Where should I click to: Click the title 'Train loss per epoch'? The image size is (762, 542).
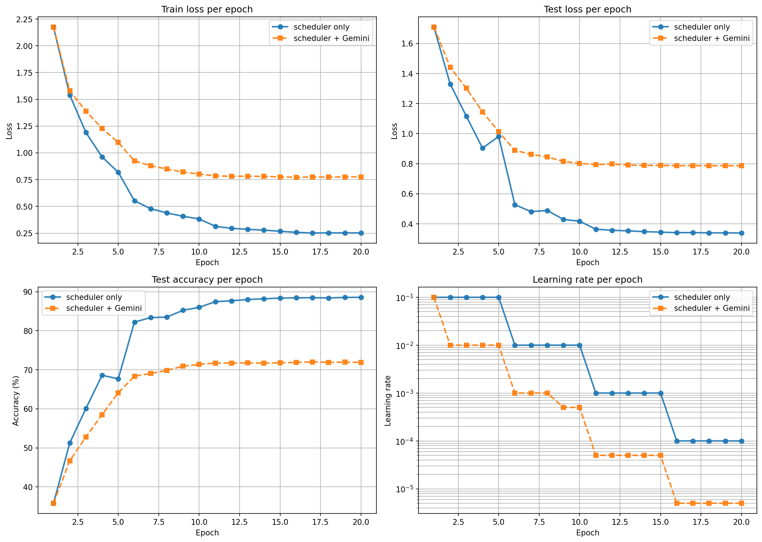coord(207,10)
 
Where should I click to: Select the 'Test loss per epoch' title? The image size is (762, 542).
coord(588,10)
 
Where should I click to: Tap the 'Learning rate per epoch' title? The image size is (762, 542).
coord(588,280)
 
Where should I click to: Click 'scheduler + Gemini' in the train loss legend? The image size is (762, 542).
coord(331,38)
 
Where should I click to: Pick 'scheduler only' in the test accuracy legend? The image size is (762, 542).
coord(94,297)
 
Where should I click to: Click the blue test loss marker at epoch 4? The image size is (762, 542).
coord(483,148)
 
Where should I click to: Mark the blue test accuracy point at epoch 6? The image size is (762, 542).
coord(135,322)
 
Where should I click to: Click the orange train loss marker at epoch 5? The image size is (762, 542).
coord(118,142)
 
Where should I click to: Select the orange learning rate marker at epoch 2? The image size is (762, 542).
coord(450,345)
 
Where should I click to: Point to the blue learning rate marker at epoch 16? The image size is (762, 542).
coord(677,441)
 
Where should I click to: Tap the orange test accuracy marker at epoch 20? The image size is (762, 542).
coord(361,362)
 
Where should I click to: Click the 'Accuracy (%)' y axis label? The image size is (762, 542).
coord(15,400)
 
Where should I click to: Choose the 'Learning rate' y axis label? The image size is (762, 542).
coord(388,400)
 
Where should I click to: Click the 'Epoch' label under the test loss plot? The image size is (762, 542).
coord(588,263)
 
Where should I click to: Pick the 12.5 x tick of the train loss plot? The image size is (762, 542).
coord(239,252)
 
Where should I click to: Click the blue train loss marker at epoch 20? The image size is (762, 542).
coord(361,233)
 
